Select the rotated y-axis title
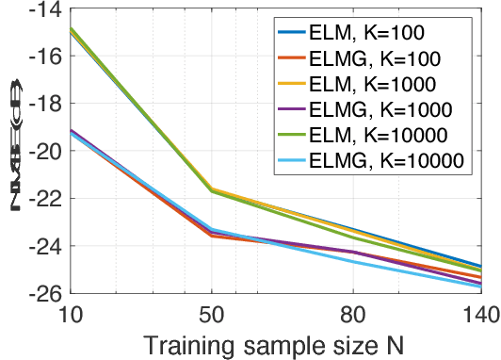pos(16,152)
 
